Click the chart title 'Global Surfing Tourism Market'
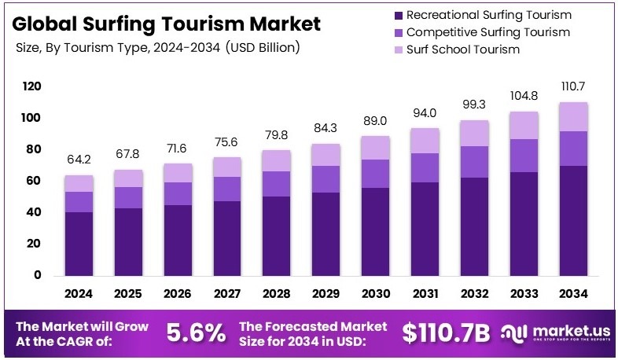[x=167, y=24]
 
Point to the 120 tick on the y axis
[x=31, y=86]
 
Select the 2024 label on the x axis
[x=79, y=293]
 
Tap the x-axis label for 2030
[x=375, y=293]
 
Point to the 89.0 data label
[x=375, y=121]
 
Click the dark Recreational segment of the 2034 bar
[x=573, y=220]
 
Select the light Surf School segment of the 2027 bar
[x=227, y=167]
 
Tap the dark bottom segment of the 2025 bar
[x=128, y=241]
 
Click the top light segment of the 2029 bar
[x=326, y=155]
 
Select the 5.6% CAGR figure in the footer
[x=195, y=332]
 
